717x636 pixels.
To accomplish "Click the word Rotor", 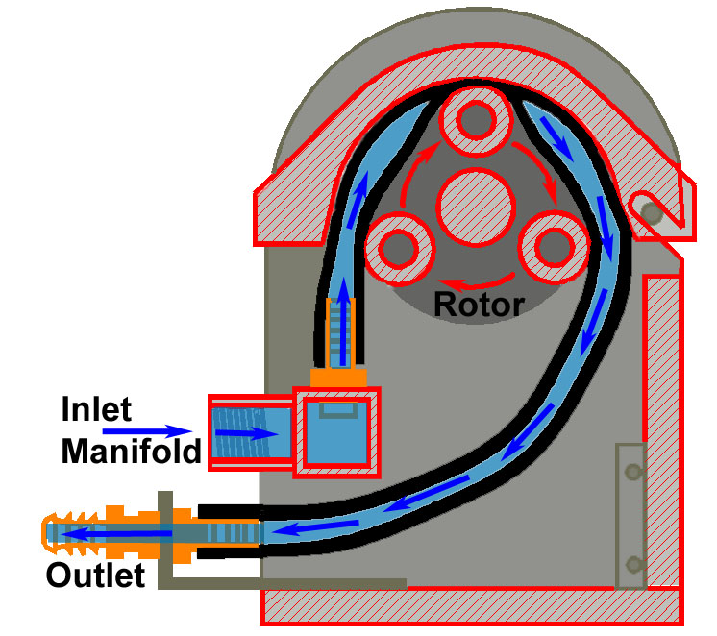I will click(479, 305).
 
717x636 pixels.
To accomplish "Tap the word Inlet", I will click(95, 409).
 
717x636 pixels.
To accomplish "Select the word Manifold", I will click(133, 450).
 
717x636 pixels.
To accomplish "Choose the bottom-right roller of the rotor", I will click(552, 247).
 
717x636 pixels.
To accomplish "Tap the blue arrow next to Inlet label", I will click(159, 431).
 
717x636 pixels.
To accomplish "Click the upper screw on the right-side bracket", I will click(631, 472).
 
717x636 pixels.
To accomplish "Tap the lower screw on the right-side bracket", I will click(631, 562).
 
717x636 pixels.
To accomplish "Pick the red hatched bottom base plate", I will click(471, 606).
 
